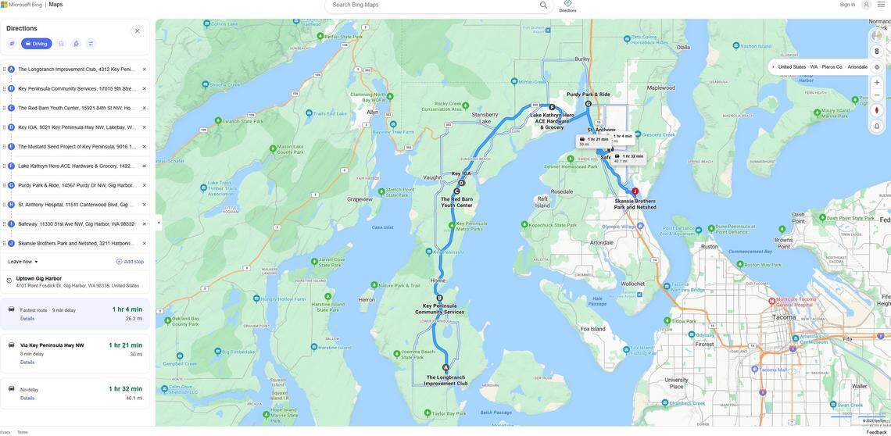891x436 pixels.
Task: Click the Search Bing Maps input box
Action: point(434,5)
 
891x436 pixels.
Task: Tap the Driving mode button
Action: point(36,44)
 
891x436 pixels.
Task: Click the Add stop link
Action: point(130,262)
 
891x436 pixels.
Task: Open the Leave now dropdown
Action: point(23,262)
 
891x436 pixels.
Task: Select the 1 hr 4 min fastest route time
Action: point(127,309)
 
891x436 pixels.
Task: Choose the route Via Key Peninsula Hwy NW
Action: point(52,345)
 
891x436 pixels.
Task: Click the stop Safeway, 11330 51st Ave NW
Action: point(76,224)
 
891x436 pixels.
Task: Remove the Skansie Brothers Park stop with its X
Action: point(144,243)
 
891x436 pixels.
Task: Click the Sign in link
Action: point(847,5)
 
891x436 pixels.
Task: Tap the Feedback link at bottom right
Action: point(876,432)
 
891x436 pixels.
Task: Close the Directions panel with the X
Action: point(138,31)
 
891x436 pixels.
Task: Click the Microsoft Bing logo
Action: point(22,5)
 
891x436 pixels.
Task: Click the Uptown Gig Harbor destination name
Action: point(39,278)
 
